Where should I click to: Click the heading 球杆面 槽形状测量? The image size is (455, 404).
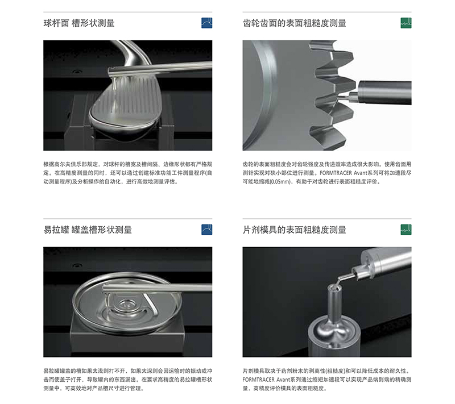[79, 23]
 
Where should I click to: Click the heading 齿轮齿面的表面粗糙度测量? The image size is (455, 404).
[294, 23]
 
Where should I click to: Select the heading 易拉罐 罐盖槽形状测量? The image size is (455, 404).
[88, 230]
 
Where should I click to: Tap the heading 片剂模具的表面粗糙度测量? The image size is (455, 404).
[294, 230]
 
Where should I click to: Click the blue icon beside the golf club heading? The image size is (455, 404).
[207, 23]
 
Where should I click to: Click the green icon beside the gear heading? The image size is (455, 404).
[406, 23]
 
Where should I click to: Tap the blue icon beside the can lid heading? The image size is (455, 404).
[207, 230]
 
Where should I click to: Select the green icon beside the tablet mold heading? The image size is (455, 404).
[406, 230]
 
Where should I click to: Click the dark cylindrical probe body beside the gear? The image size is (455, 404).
[385, 93]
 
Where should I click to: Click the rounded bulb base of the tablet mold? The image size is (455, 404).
[334, 330]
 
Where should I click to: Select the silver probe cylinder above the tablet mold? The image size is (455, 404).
[387, 263]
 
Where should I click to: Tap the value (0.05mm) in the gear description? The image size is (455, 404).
[279, 182]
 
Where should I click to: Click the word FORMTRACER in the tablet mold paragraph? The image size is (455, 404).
[259, 380]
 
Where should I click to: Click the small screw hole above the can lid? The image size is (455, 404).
[77, 265]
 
